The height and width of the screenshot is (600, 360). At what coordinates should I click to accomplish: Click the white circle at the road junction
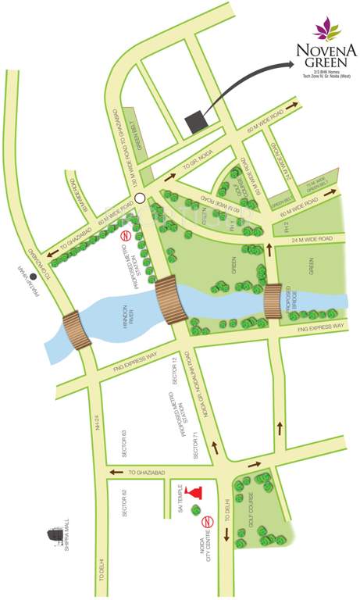pos(140,198)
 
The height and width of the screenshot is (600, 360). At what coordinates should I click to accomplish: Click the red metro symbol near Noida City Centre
pos(207,522)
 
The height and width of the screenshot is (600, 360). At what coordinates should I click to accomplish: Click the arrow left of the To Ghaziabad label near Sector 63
pos(115,473)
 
